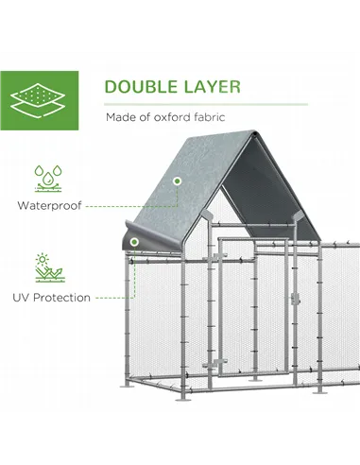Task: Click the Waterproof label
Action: (x=48, y=204)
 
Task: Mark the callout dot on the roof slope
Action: (x=177, y=181)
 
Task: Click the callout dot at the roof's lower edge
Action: (x=135, y=243)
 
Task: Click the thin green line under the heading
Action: (x=206, y=103)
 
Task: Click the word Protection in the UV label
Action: (x=63, y=298)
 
